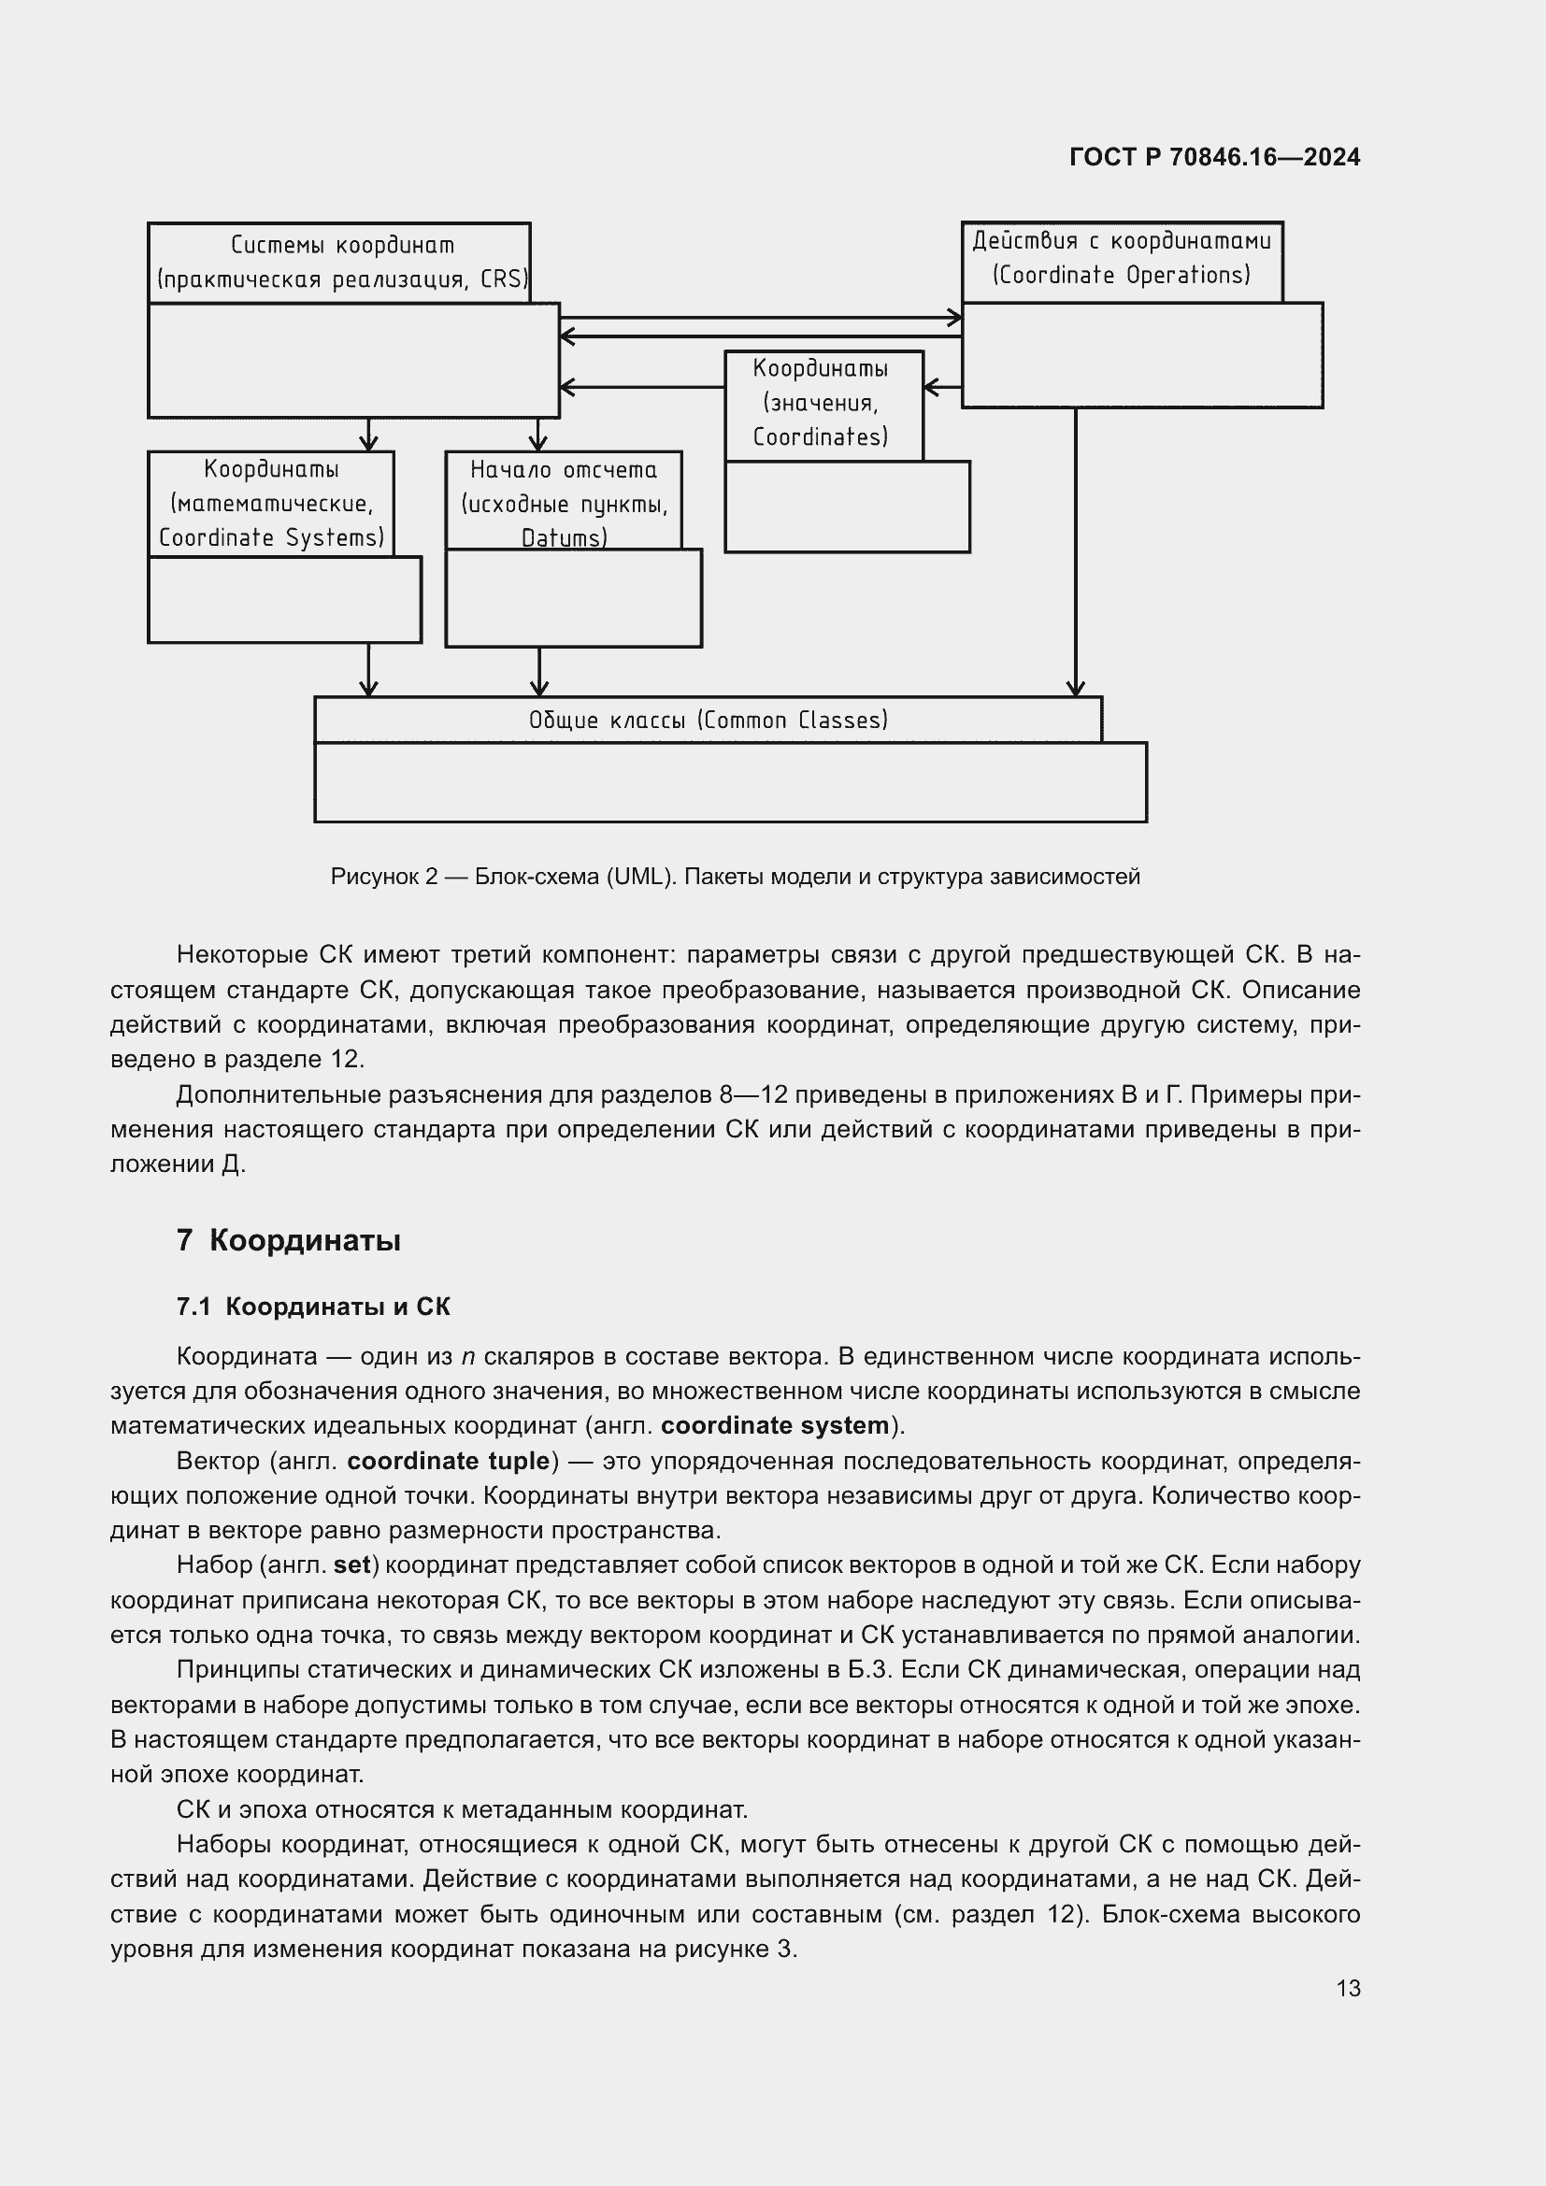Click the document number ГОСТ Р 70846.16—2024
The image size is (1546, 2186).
coord(1215,157)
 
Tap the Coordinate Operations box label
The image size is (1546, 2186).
coord(1121,259)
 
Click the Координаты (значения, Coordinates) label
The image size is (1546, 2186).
coord(821,402)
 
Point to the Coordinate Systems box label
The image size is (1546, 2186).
coord(271,503)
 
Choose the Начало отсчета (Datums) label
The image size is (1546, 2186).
coord(564,503)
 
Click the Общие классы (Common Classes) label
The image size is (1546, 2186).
coord(709,720)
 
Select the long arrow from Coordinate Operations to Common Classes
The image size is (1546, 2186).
coord(1076,552)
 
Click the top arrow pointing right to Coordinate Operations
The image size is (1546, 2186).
coord(762,318)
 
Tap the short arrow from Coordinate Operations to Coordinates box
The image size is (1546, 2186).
coord(943,387)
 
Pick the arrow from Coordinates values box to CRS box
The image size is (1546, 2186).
coord(642,387)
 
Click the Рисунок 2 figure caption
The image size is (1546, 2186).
coord(735,876)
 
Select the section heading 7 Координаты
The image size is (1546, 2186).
coord(289,1240)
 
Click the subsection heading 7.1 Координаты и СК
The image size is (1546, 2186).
coord(313,1307)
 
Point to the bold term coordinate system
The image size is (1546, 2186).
coord(774,1425)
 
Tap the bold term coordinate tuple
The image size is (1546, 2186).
coord(449,1461)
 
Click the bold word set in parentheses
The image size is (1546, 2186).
coord(351,1565)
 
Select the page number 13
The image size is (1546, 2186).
coord(1348,1988)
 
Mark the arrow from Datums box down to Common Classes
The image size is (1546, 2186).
coord(538,672)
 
